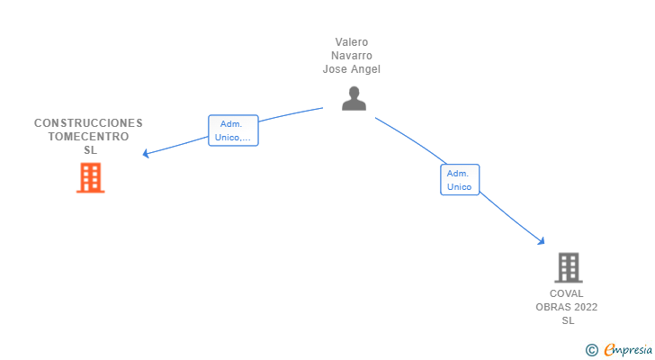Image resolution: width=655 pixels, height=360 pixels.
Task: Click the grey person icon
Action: (x=354, y=98)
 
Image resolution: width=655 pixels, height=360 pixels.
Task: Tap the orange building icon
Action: (x=90, y=177)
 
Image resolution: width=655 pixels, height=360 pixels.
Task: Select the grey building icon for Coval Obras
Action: (x=568, y=267)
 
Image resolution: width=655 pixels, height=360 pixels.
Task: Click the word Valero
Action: (x=352, y=42)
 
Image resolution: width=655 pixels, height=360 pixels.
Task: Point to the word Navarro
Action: (x=352, y=56)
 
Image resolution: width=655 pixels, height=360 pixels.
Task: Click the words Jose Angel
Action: (x=352, y=69)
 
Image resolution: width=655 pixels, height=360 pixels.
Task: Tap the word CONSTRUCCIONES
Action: (x=88, y=122)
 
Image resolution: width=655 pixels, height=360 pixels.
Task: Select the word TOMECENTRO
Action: (x=88, y=137)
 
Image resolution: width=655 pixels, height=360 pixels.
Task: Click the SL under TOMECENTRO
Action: (x=90, y=150)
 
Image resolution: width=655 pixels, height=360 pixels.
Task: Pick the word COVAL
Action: (x=567, y=293)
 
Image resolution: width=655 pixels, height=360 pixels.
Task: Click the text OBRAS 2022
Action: (x=567, y=307)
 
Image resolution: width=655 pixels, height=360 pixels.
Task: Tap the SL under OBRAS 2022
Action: (x=568, y=320)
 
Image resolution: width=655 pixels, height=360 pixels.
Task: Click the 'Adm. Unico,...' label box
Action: (x=233, y=130)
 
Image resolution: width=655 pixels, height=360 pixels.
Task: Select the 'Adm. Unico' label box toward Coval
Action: (x=460, y=179)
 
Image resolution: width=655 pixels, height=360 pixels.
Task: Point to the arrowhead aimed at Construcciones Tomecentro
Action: (x=146, y=154)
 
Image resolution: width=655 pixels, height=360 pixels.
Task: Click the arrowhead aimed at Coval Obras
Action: (x=542, y=240)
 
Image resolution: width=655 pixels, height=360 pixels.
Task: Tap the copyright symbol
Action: (x=591, y=350)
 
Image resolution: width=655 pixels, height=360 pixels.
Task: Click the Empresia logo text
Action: (x=628, y=349)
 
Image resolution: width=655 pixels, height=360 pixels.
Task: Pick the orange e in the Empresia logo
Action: (x=609, y=350)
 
